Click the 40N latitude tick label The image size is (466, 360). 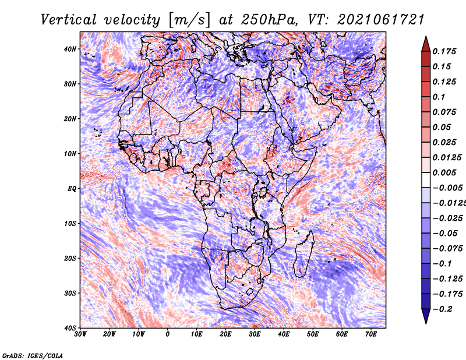(x=70, y=49)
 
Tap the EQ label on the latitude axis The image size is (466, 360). (x=72, y=189)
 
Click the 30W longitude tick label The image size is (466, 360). (x=80, y=334)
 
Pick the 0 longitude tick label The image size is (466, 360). (x=168, y=334)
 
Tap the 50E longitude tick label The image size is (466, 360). (x=313, y=334)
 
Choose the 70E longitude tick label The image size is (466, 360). (x=370, y=334)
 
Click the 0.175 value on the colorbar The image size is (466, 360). (x=444, y=51)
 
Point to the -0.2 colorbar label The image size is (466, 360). (x=443, y=309)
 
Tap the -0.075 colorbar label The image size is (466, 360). (x=448, y=249)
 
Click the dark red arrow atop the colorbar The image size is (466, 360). (x=426, y=44)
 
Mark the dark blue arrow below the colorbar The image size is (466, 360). (x=426, y=316)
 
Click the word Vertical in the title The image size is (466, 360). (x=68, y=20)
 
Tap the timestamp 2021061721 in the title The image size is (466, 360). (x=380, y=20)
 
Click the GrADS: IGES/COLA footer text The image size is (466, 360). (x=33, y=355)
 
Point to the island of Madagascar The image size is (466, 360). (x=303, y=255)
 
